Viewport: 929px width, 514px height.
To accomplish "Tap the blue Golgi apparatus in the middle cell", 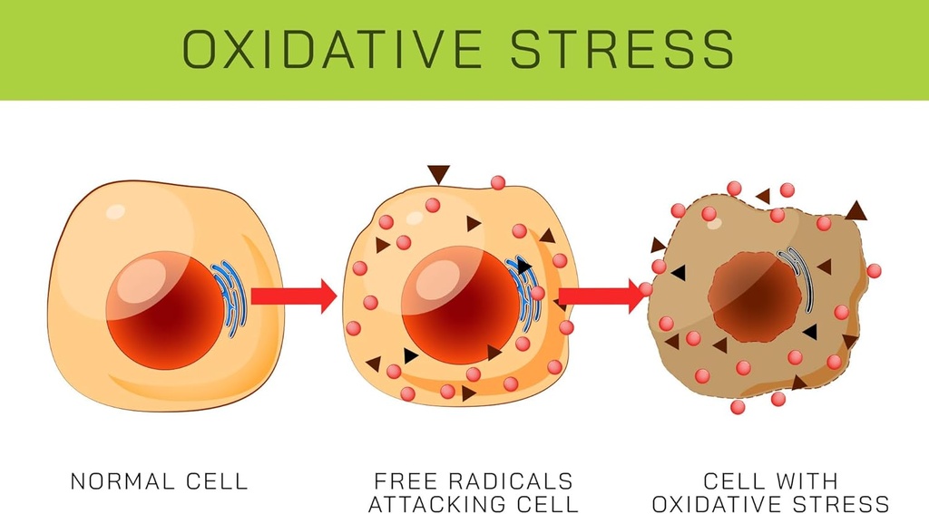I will click(526, 290).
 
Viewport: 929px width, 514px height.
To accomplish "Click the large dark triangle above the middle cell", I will click(439, 173).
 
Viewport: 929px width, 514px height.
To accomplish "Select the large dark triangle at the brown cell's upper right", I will click(856, 211).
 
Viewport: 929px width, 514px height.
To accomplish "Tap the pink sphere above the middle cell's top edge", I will click(497, 182).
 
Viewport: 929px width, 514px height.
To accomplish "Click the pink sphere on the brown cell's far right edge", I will click(874, 270).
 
